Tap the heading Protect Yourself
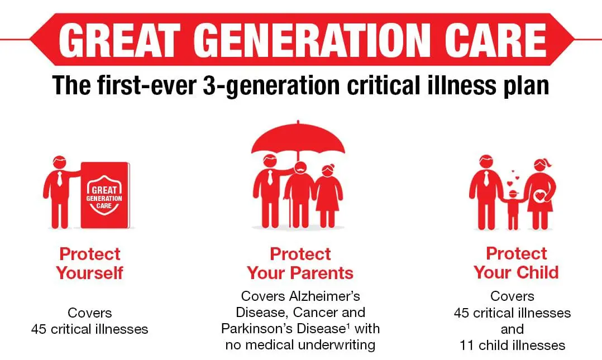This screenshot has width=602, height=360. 90,263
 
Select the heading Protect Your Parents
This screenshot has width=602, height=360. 300,263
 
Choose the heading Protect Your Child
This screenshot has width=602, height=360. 516,263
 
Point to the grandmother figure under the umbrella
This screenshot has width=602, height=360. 328,195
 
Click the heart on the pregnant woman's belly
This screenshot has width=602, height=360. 539,196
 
